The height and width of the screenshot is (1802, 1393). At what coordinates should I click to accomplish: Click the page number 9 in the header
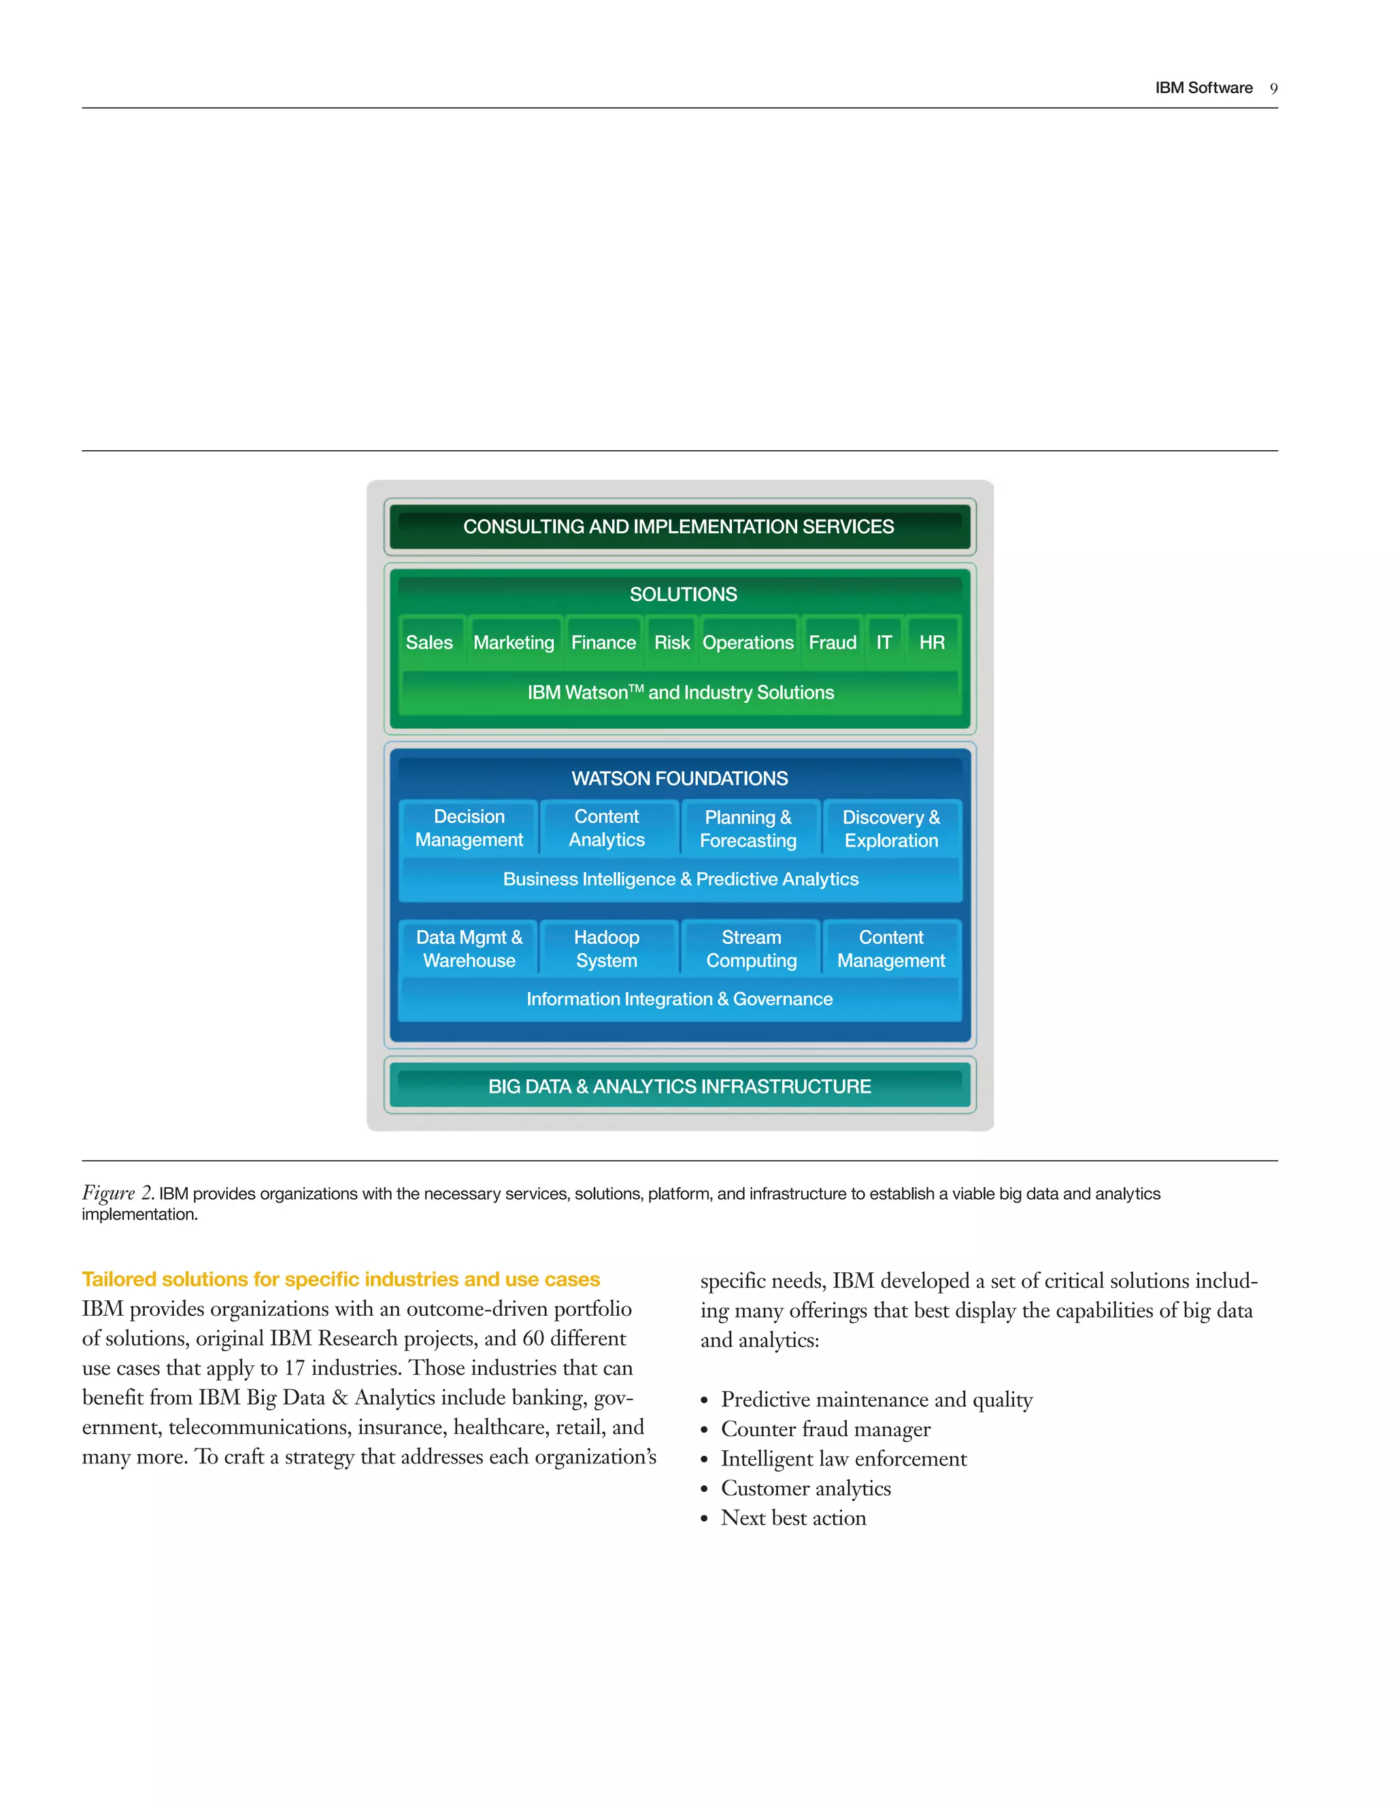(x=1273, y=88)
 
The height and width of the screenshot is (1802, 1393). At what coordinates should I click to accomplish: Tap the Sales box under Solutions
(x=429, y=642)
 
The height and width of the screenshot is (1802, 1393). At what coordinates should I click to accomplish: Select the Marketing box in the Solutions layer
(x=514, y=642)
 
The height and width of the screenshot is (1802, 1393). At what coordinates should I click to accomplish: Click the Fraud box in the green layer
(x=832, y=642)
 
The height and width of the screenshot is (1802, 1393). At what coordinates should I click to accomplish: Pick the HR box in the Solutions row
(x=932, y=642)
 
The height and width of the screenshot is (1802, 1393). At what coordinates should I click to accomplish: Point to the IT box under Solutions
(x=884, y=642)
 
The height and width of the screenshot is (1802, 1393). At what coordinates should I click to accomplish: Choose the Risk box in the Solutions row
(x=672, y=642)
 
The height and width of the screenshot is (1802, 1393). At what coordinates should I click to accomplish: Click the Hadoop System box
(x=607, y=949)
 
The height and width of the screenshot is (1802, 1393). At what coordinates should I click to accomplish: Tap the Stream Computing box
(x=751, y=949)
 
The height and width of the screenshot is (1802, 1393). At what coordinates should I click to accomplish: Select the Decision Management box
(x=469, y=828)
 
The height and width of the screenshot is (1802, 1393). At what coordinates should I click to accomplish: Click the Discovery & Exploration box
(x=891, y=828)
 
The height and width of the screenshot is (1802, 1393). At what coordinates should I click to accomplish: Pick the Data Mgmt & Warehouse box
(x=469, y=949)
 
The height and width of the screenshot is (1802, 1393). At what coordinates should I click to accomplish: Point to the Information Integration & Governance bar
(x=679, y=999)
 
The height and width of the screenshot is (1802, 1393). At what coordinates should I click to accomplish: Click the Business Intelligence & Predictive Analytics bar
(x=680, y=879)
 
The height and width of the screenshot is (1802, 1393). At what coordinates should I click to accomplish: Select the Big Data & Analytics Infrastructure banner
(x=679, y=1087)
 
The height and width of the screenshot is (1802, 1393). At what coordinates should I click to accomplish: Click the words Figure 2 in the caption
(x=116, y=1193)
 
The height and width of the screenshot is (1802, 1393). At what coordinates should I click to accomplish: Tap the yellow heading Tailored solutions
(x=340, y=1279)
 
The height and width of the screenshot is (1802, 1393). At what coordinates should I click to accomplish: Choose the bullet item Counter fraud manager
(x=825, y=1429)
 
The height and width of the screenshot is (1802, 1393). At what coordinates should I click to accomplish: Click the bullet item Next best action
(x=793, y=1518)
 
